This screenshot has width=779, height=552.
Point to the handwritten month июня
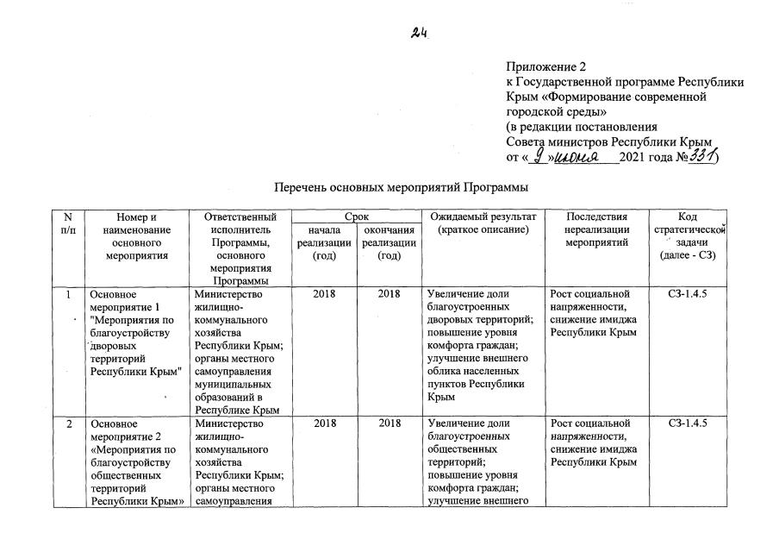pos(585,158)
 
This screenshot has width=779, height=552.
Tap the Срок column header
pos(357,216)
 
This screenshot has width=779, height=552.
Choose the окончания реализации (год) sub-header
pos(389,243)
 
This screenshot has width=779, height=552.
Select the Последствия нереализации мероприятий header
pos(596,230)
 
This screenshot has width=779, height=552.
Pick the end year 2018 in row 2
pos(389,424)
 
